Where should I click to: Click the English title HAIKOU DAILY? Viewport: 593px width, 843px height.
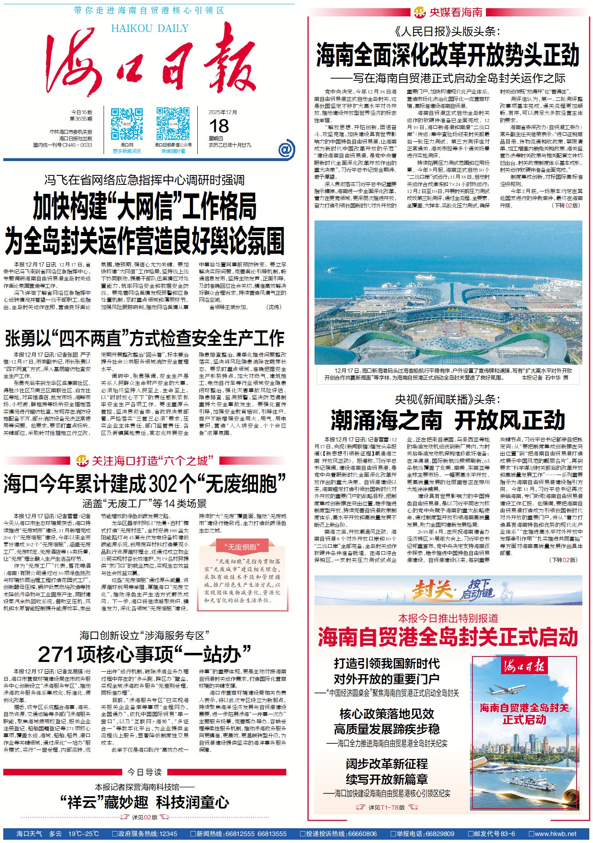point(150,28)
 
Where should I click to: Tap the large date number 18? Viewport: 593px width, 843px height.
point(219,126)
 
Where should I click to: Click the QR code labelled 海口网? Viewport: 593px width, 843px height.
point(127,124)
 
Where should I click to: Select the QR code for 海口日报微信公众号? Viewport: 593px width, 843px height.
point(173,124)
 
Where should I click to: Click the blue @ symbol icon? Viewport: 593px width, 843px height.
point(286,149)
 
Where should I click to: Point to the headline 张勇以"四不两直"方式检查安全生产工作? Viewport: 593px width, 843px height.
point(145,339)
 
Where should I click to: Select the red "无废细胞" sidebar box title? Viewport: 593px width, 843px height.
point(242,547)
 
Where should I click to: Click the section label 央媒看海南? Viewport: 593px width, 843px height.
point(455,12)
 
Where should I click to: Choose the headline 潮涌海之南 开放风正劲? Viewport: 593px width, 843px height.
point(448,420)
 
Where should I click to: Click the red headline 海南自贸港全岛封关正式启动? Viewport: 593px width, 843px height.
point(448,637)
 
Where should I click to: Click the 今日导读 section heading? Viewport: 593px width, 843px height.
point(144,772)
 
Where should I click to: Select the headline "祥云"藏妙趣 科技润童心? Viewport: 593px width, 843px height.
point(144,802)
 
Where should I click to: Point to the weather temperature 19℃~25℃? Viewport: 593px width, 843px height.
point(84,834)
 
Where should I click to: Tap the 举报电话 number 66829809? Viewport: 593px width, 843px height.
point(439,834)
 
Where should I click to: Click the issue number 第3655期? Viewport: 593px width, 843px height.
point(81,119)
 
